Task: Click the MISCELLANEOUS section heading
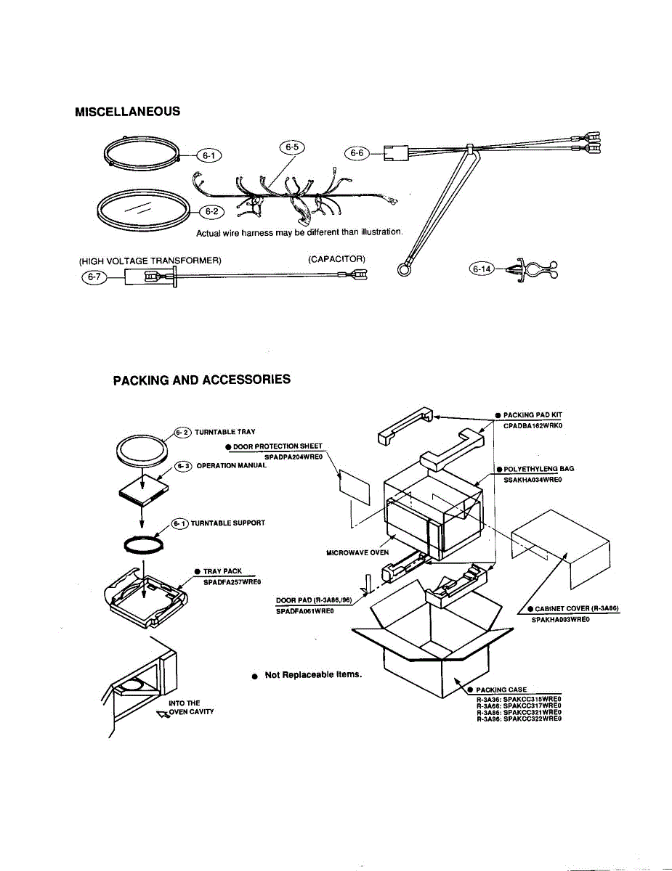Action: click(x=127, y=112)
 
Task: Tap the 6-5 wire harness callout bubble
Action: click(x=292, y=147)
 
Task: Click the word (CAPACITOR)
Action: click(x=336, y=259)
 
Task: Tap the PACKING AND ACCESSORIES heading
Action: click(x=201, y=380)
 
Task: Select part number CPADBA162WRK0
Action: click(x=533, y=426)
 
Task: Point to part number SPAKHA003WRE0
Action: click(x=560, y=619)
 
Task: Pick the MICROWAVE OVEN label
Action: click(x=357, y=552)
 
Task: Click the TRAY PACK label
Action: click(x=222, y=572)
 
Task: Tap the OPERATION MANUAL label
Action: click(x=232, y=466)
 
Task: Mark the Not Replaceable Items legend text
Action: click(x=313, y=675)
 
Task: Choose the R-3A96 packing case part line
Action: click(x=519, y=719)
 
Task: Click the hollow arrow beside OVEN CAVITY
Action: click(x=162, y=713)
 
